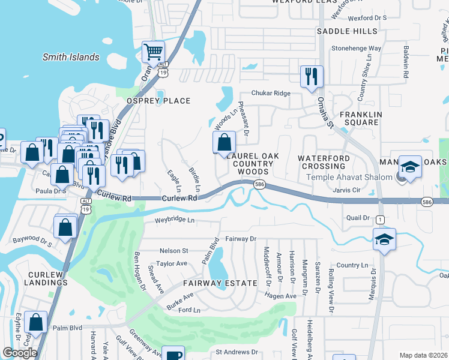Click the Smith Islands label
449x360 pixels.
(70, 57)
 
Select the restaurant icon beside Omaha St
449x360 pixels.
(312, 76)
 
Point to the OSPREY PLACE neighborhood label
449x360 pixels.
(157, 101)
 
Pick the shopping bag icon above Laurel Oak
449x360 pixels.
(224, 142)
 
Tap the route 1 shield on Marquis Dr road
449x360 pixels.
(380, 220)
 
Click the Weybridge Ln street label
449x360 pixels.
(175, 221)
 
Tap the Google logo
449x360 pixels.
(20, 353)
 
